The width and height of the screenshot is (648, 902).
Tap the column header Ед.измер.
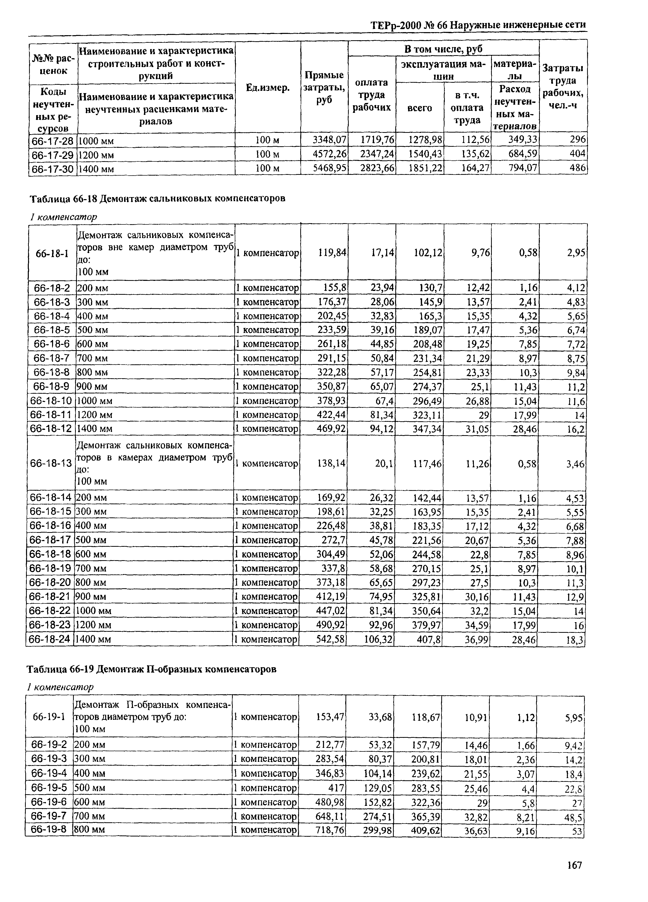tap(267, 88)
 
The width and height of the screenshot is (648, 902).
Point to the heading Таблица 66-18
tap(157, 198)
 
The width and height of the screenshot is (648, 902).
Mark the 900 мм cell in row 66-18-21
tap(91, 597)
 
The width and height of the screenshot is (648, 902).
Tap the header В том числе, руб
tap(443, 49)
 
